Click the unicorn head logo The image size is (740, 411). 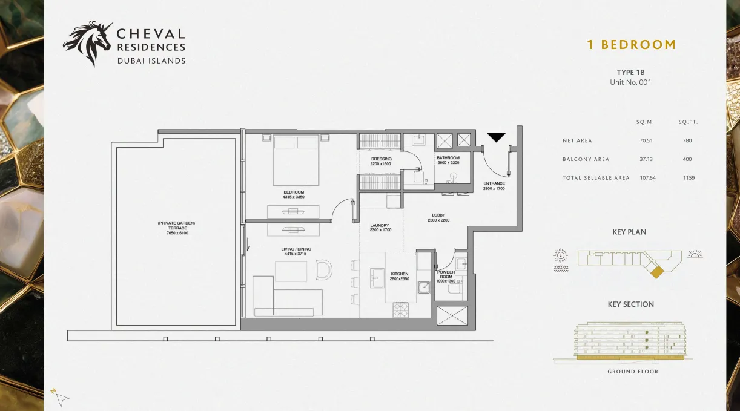[88, 43]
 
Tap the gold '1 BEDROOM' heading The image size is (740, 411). [632, 45]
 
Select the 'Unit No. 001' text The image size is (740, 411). [630, 82]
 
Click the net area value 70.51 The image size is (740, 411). [646, 140]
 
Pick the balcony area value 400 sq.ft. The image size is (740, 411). [687, 159]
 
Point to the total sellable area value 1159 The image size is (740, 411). [689, 177]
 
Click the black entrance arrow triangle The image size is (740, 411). [496, 137]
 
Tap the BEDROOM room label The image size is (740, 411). [294, 192]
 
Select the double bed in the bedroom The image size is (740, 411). [296, 160]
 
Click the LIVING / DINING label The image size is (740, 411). [296, 249]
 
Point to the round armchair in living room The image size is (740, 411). [324, 270]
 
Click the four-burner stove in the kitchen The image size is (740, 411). [400, 310]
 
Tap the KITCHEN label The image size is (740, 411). [400, 274]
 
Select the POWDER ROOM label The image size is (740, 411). [446, 274]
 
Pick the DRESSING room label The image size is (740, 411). [382, 159]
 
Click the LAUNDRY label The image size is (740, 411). [380, 225]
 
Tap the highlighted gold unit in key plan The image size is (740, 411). [656, 272]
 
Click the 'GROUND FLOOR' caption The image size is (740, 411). [633, 372]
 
